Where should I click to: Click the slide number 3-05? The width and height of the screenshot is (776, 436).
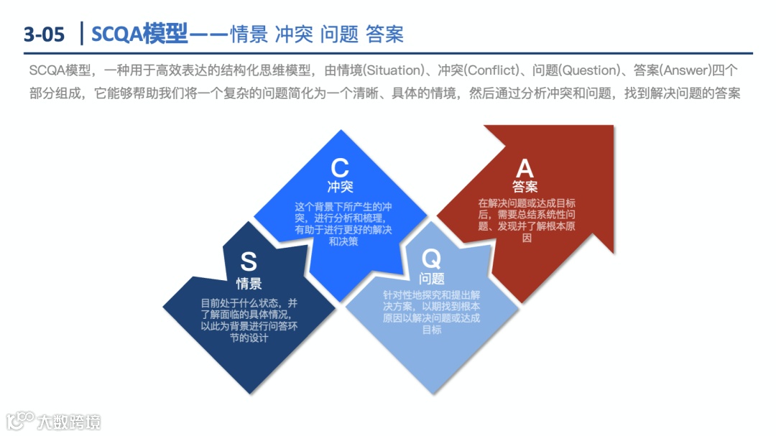(44, 34)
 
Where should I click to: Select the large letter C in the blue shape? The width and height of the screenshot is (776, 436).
(340, 168)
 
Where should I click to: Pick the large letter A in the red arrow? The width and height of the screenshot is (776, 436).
(525, 168)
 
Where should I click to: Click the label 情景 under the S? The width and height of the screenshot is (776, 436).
(249, 283)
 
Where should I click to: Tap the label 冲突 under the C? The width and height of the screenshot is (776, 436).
(340, 187)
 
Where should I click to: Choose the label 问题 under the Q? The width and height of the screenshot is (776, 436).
(432, 279)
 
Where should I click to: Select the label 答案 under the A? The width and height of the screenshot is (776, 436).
(525, 187)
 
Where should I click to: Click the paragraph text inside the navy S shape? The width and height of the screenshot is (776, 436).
(249, 320)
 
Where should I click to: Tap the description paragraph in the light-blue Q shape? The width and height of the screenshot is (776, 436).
(432, 312)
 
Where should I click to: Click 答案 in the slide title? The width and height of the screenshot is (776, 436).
(384, 34)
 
